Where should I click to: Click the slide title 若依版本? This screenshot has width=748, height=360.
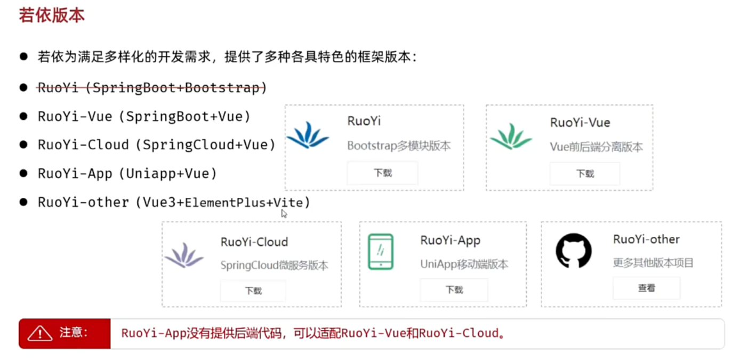(52, 15)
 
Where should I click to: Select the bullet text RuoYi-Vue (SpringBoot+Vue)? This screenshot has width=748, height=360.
(144, 116)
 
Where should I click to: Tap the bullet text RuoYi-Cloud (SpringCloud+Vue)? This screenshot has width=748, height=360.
(156, 145)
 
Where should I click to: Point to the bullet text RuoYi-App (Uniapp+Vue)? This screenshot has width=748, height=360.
(127, 173)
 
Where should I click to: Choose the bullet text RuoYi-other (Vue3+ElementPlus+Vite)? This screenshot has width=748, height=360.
(173, 203)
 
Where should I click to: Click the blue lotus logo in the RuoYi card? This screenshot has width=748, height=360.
(308, 135)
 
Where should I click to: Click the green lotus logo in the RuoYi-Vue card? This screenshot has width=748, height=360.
(511, 137)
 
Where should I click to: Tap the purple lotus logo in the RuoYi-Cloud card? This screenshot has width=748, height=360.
(184, 255)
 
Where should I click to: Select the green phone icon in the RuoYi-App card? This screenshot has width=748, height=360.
(381, 251)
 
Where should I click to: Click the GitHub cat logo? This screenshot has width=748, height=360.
(574, 250)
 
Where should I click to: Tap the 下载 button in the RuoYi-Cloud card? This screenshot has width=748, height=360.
(253, 291)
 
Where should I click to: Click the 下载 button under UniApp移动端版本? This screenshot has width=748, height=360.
(454, 290)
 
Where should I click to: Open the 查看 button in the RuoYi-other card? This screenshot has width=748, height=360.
(646, 288)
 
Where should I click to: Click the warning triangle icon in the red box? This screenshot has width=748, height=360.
(40, 334)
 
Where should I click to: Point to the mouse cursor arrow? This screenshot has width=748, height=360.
(284, 213)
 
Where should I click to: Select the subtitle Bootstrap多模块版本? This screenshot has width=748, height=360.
(399, 146)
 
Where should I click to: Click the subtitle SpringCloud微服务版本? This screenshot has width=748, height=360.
(274, 265)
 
